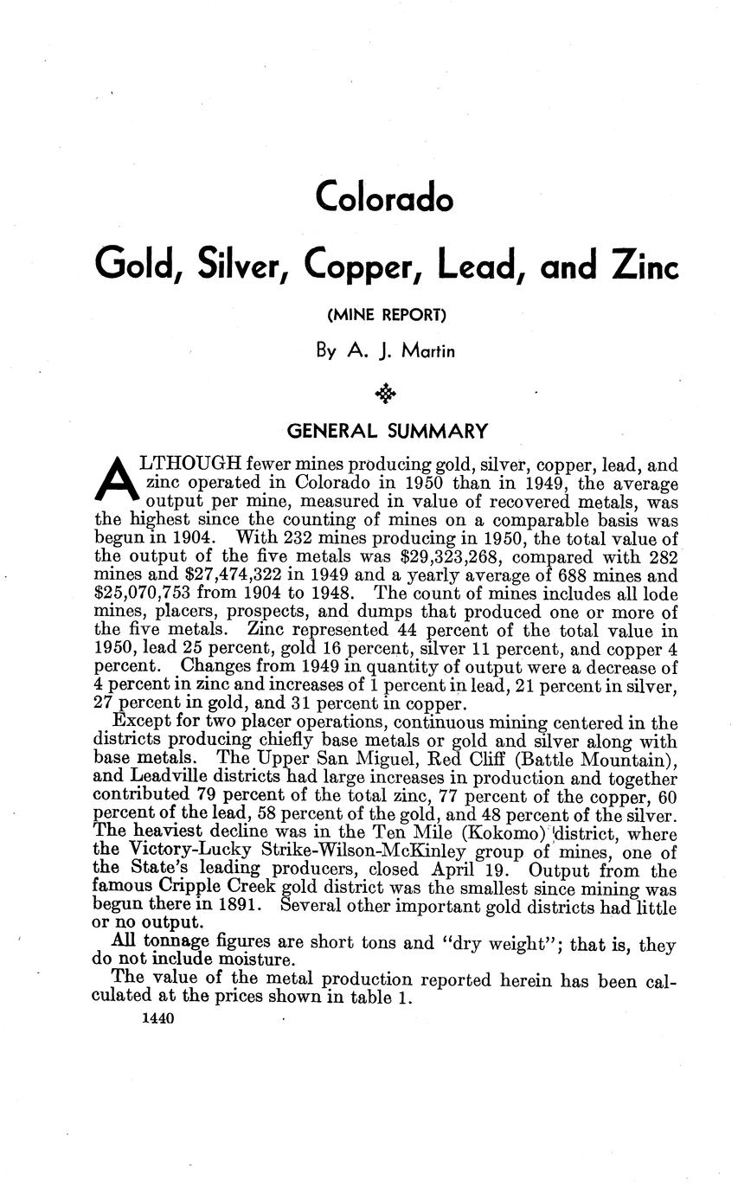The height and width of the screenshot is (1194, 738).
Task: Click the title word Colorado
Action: coord(384,197)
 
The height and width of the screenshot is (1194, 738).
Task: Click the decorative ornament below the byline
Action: coord(385,395)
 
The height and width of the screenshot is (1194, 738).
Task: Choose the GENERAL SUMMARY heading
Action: coord(387,431)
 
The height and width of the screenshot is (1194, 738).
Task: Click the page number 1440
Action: coord(157,1020)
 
